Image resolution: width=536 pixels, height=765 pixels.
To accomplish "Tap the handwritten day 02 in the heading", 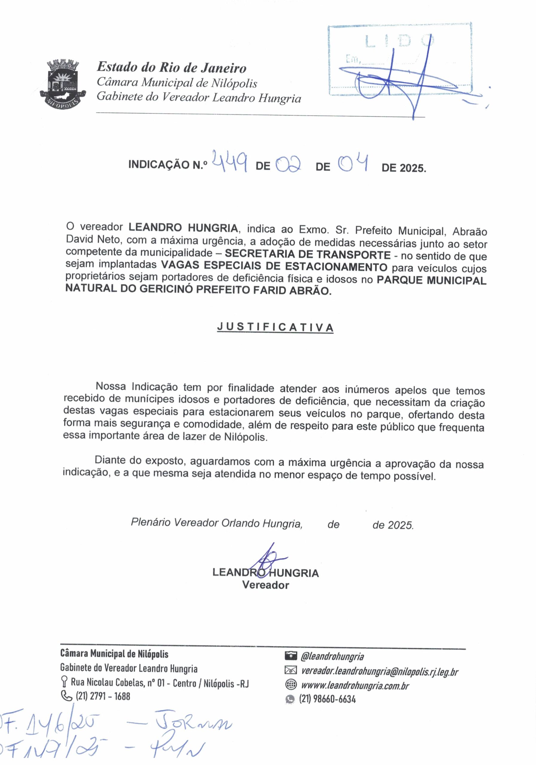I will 289,164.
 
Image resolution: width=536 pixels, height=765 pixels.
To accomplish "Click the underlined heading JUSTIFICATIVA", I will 275,327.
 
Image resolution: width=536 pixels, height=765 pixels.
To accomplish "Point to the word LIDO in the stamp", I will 400,41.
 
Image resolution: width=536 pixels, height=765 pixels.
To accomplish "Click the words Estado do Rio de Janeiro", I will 171,68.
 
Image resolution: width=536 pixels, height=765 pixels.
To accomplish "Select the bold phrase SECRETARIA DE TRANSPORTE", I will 307,255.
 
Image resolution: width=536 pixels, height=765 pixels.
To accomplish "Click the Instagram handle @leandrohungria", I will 332,657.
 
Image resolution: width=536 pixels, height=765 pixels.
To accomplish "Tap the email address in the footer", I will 379,671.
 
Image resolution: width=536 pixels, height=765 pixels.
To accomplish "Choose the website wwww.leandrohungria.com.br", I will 355,686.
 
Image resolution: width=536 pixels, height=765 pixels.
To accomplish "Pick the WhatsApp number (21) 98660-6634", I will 327,699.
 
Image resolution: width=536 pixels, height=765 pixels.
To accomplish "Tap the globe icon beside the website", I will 291,685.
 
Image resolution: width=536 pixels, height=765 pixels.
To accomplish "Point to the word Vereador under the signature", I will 266,585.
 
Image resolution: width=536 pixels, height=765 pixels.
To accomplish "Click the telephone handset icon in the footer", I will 66,696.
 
